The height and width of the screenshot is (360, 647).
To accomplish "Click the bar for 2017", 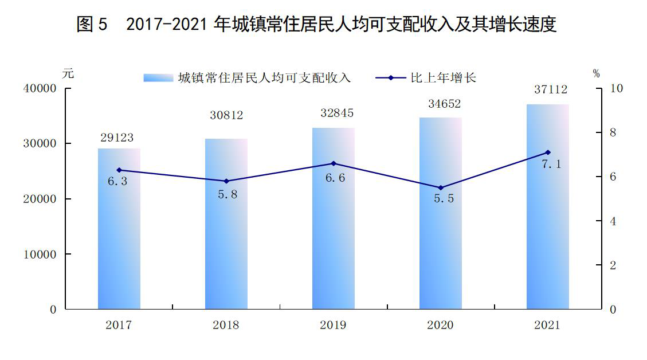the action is click(119, 229).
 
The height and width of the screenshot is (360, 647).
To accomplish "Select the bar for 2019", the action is click(334, 218).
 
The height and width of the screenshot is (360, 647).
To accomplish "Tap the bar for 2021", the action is click(547, 207).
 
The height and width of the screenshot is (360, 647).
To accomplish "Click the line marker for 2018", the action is click(226, 181).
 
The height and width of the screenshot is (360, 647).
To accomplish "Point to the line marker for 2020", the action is click(441, 188).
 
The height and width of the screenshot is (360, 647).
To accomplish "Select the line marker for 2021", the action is click(548, 152).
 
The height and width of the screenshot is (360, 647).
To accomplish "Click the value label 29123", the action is click(117, 138).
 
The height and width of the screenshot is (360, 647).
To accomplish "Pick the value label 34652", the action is click(444, 104).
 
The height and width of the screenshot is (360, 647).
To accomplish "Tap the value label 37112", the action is click(551, 89).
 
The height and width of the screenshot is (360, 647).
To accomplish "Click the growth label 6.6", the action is click(335, 178).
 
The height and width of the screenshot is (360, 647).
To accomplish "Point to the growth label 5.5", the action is click(444, 198).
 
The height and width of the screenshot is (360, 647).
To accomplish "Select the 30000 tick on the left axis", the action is click(40, 143).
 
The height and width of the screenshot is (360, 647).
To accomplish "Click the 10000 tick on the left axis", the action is click(40, 255).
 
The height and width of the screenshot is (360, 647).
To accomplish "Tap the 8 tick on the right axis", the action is click(613, 132).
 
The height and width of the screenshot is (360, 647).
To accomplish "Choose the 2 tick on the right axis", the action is click(613, 265).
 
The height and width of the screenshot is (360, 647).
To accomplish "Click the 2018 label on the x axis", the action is click(226, 325).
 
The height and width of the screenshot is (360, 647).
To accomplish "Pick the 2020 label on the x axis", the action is click(440, 325).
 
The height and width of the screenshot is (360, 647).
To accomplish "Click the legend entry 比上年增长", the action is click(443, 77).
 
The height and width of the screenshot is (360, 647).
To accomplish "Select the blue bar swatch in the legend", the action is click(158, 78).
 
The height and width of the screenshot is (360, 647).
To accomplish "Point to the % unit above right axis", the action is click(596, 73).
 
